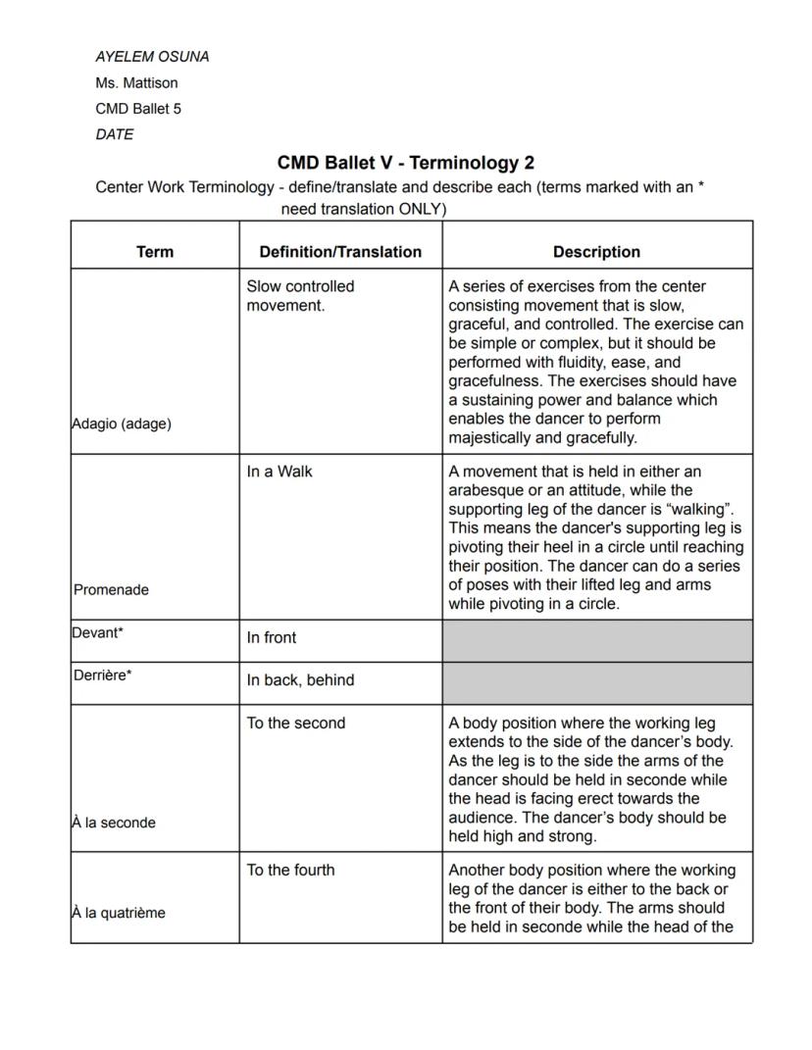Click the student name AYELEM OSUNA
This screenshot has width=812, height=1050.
pyautogui.click(x=152, y=57)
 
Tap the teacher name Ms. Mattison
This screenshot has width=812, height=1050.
pyautogui.click(x=136, y=83)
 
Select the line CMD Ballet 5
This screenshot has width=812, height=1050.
pyautogui.click(x=138, y=109)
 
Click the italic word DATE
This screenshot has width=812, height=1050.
pyautogui.click(x=115, y=134)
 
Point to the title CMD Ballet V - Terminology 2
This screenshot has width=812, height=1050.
pyautogui.click(x=405, y=163)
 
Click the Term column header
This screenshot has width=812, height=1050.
pyautogui.click(x=155, y=252)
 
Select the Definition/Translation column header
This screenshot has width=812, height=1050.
pyautogui.click(x=340, y=252)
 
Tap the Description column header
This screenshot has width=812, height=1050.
pyautogui.click(x=596, y=252)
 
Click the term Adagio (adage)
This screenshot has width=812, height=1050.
pyautogui.click(x=122, y=424)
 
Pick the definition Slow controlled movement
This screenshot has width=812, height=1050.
pyautogui.click(x=300, y=295)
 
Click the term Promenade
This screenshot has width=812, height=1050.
pyautogui.click(x=111, y=589)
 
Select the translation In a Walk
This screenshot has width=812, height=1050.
pyautogui.click(x=279, y=472)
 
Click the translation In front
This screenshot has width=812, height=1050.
pyautogui.click(x=272, y=637)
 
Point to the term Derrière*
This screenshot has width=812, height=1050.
pyautogui.click(x=102, y=675)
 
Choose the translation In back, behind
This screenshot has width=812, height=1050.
pyautogui.click(x=300, y=680)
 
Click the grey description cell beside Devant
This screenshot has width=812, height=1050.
pyautogui.click(x=597, y=640)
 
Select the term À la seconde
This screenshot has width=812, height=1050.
pyautogui.click(x=114, y=823)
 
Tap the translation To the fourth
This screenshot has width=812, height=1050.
pyautogui.click(x=290, y=870)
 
